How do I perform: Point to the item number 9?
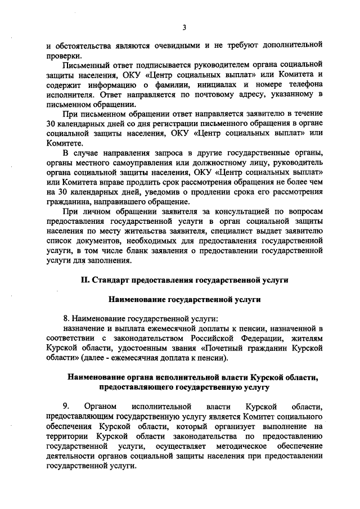[x=65, y=406]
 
